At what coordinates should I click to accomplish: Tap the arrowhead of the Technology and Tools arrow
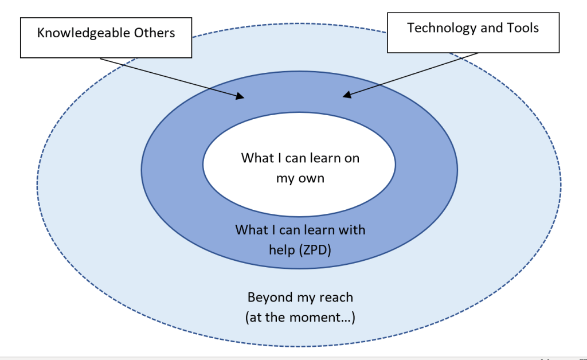pos(347,95)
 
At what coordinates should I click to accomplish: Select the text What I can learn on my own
pos(300,167)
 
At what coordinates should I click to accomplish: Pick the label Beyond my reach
pos(300,298)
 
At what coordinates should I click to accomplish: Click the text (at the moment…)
pos(300,317)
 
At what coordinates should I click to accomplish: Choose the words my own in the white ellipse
pos(300,178)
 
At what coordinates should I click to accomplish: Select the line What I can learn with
pos(300,230)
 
